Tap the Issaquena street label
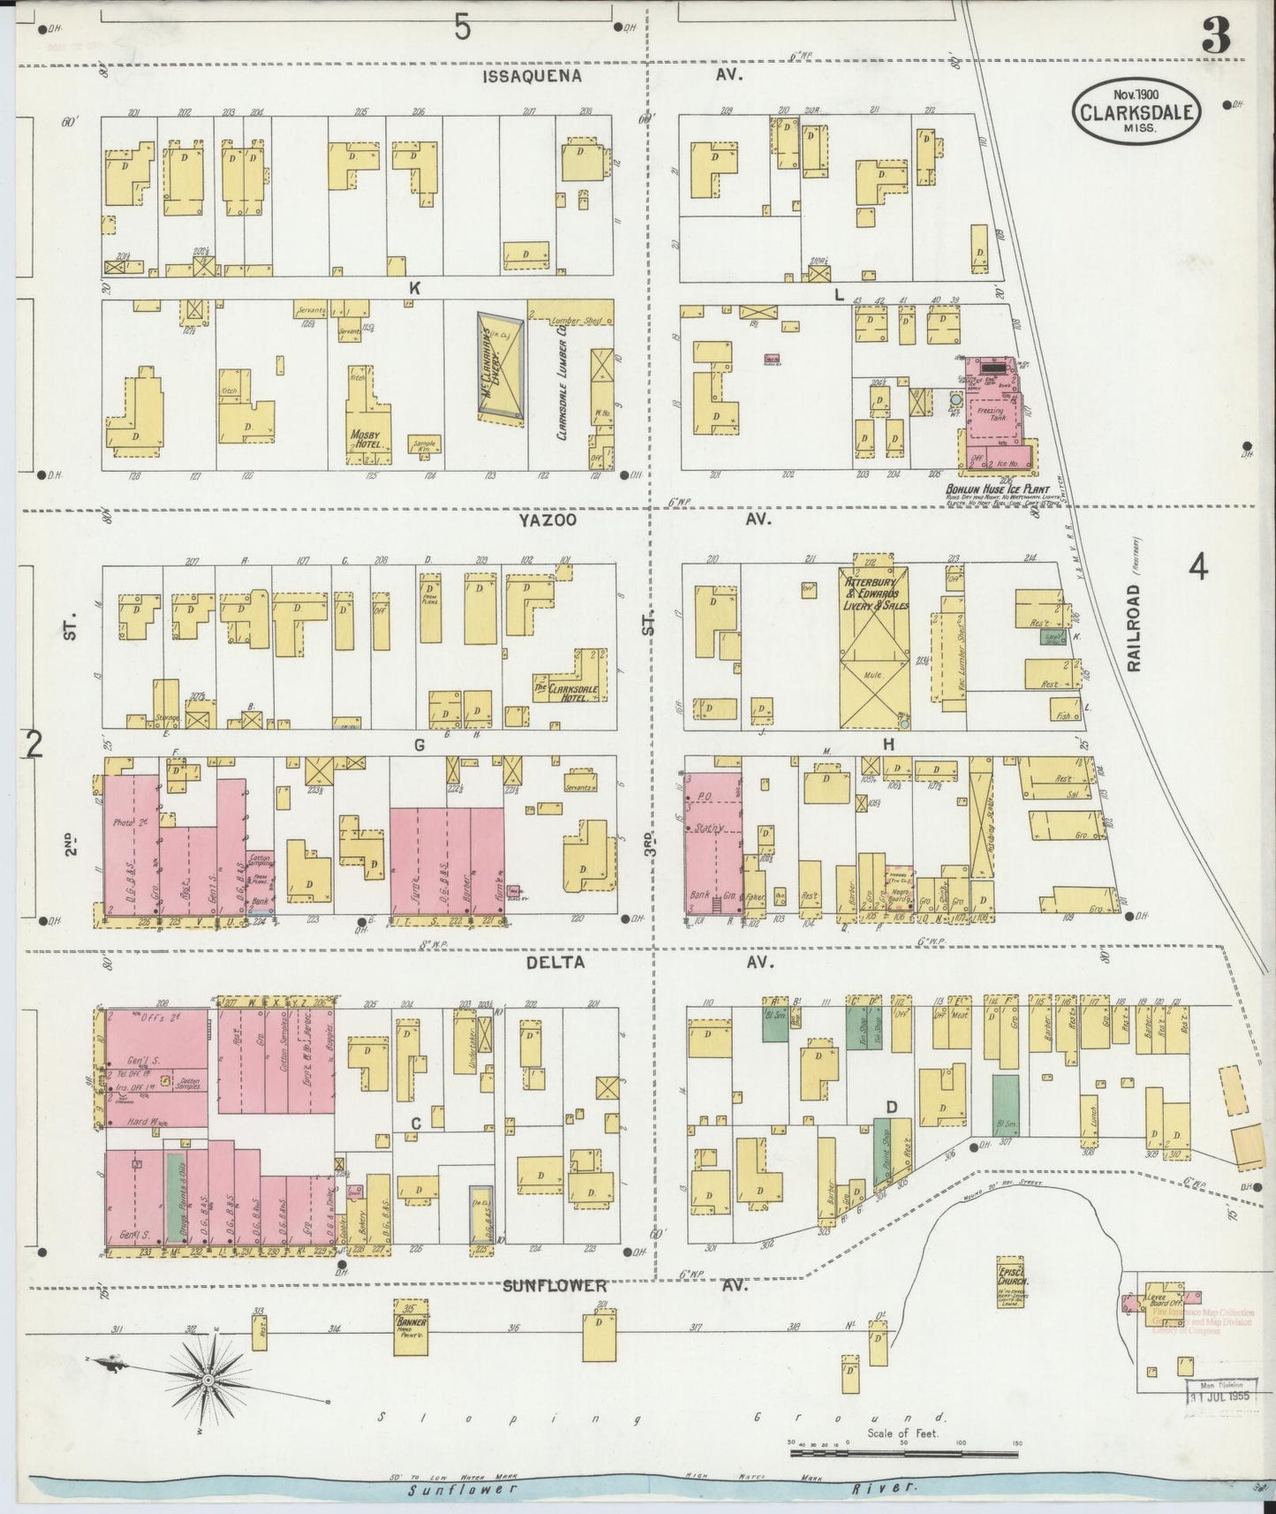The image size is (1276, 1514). pyautogui.click(x=532, y=76)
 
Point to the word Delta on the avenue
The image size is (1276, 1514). pyautogui.click(x=555, y=962)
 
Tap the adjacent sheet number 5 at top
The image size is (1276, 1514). pyautogui.click(x=462, y=29)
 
